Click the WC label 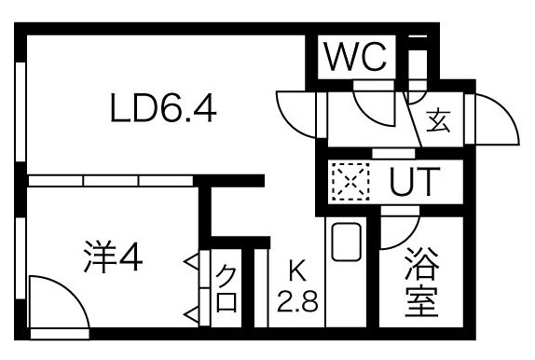[x=354, y=59]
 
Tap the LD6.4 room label [x=163, y=110]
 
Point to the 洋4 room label [x=111, y=257]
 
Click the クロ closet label [x=226, y=288]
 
